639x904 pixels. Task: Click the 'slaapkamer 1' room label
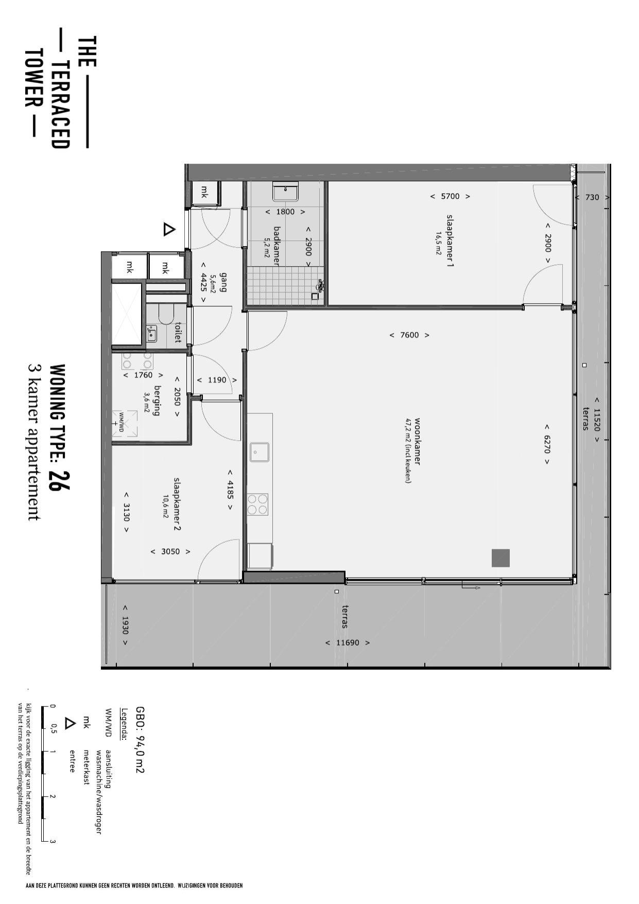click(x=450, y=241)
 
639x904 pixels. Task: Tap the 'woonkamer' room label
click(x=417, y=441)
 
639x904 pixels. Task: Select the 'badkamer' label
click(x=277, y=246)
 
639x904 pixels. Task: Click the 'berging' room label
click(x=157, y=401)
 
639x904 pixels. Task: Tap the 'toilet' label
click(x=178, y=333)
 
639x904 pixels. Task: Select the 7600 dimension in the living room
click(x=409, y=335)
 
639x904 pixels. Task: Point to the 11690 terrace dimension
click(x=348, y=642)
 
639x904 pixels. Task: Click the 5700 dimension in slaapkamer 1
click(x=450, y=196)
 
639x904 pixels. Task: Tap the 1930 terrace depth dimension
click(x=125, y=625)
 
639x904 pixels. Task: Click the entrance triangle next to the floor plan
click(x=169, y=229)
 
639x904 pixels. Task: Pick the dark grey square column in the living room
click(x=500, y=558)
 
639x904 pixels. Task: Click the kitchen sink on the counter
click(x=260, y=452)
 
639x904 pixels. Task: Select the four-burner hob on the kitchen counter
click(x=258, y=504)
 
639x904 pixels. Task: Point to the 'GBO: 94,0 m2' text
click(x=140, y=739)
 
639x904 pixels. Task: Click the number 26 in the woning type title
click(x=60, y=481)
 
